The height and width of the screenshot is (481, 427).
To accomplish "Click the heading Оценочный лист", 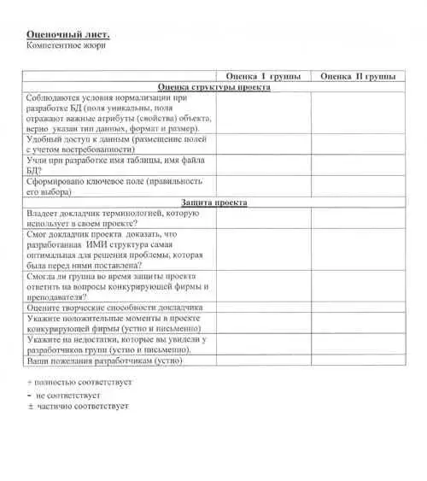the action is [68, 33].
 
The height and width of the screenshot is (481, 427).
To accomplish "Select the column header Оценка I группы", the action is [263, 77].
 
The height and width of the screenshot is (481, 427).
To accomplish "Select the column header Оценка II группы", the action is [357, 77].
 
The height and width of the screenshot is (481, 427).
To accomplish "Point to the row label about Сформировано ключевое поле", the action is [114, 187].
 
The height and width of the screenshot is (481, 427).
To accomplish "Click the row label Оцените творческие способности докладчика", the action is [114, 306].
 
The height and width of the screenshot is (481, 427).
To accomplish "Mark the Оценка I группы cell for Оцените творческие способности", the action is [263, 306].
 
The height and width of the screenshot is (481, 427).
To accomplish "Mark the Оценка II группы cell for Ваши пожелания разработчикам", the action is [357, 361].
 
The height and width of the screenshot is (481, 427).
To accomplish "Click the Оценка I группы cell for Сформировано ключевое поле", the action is [263, 187].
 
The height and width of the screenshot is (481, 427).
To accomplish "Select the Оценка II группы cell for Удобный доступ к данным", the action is [357, 143].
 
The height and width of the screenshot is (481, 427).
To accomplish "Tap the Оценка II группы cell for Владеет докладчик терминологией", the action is [357, 218].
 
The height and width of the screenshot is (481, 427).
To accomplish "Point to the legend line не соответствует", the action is [73, 396].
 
